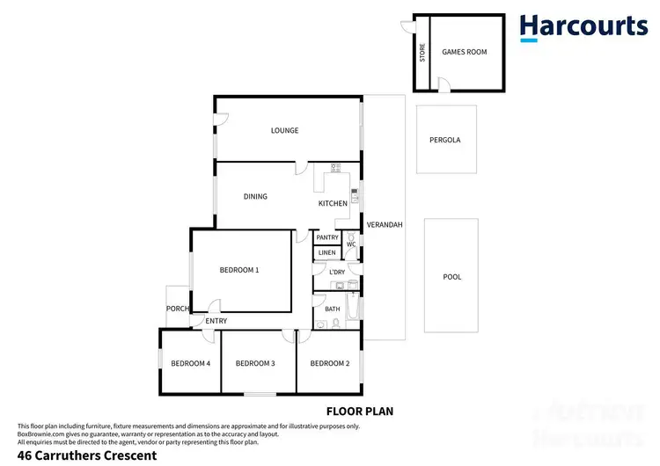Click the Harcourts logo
coord(583,26)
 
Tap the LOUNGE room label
coord(284,131)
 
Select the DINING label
coord(255,197)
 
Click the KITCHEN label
coord(333,204)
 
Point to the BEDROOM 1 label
coord(238,270)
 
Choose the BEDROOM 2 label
coord(330,363)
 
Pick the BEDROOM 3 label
coord(256,363)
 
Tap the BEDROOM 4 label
coord(190,363)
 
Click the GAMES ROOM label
coord(464,52)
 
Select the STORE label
coord(422,52)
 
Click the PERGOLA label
coord(445,140)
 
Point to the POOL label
coord(452,277)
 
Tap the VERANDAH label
coord(385,224)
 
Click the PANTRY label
coord(327,237)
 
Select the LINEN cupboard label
coord(326,253)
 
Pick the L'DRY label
coord(336,273)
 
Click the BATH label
coord(333,309)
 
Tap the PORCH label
coord(178,309)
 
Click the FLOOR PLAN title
coord(359,411)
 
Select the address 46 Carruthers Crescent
coord(81,455)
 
